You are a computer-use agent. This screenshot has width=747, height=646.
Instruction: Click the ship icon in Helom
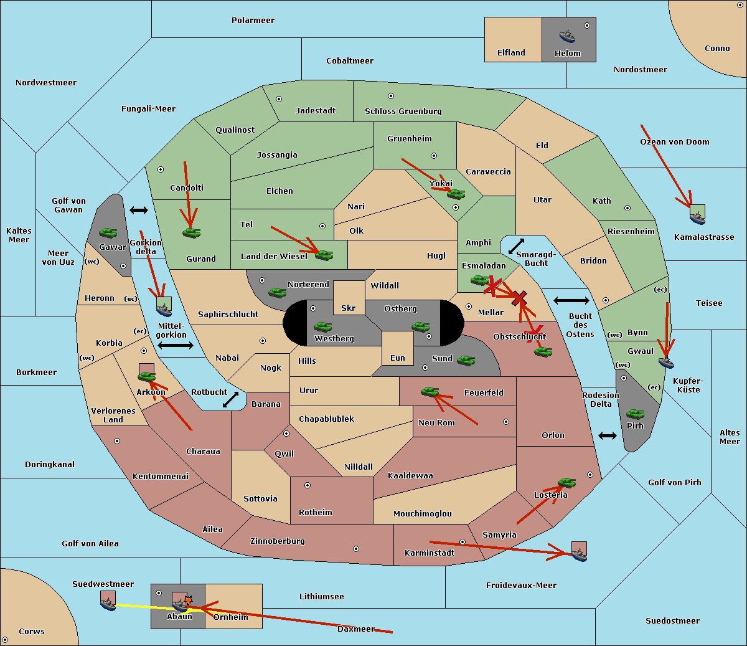[567, 36]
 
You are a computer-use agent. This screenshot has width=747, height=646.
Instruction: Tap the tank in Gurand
[191, 232]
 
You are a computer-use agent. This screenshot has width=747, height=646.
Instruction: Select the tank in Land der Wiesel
[324, 255]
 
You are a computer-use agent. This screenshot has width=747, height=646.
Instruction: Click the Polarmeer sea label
[253, 21]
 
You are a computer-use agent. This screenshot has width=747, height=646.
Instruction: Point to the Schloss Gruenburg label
[403, 111]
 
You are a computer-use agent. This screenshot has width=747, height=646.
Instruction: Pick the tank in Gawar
[108, 232]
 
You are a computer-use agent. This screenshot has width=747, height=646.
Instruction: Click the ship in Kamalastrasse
[697, 218]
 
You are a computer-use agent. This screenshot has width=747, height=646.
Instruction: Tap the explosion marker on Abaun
[188, 601]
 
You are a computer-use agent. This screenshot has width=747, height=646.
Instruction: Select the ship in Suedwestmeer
[108, 604]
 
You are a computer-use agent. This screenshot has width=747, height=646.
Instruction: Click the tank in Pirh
[635, 414]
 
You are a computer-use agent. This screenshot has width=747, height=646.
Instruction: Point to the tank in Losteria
[566, 483]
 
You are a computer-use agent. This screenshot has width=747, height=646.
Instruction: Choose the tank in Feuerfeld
[430, 392]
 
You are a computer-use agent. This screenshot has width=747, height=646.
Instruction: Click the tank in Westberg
[322, 326]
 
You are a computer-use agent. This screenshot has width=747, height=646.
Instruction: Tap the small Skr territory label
[349, 308]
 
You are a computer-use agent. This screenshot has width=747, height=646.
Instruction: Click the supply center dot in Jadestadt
[279, 99]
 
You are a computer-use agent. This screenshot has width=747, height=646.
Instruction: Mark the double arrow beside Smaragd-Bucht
[516, 246]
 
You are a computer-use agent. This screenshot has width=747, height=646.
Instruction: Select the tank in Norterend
[277, 292]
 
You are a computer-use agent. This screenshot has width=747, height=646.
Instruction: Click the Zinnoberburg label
[278, 541]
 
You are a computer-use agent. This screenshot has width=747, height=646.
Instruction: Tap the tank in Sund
[466, 360]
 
